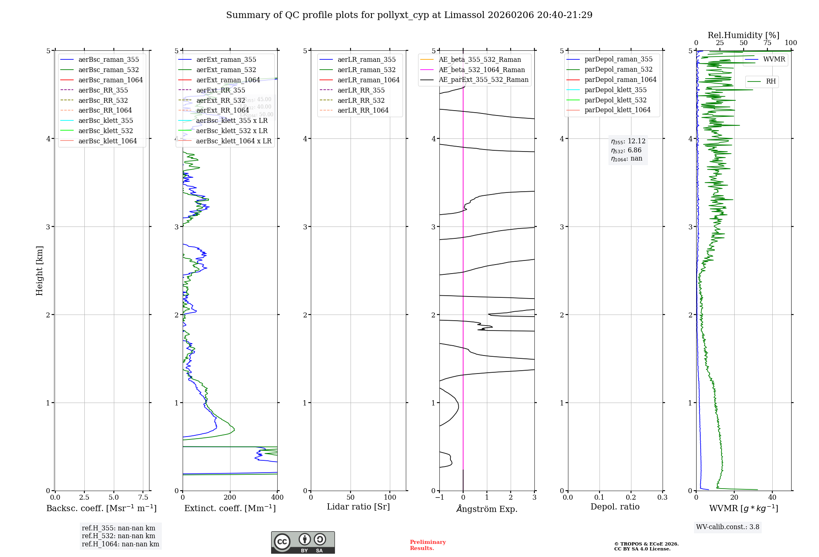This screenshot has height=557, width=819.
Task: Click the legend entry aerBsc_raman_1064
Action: click(x=111, y=80)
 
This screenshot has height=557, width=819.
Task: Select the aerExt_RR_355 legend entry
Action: click(x=221, y=90)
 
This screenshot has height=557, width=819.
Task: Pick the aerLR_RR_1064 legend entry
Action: click(x=363, y=110)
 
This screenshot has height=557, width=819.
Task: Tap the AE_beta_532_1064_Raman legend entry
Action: click(x=482, y=70)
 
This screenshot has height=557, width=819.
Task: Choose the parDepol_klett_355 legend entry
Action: click(x=615, y=90)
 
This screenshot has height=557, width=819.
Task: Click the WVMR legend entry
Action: click(x=774, y=59)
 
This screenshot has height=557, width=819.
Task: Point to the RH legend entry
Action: click(x=771, y=82)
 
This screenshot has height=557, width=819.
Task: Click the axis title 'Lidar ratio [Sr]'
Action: click(x=358, y=507)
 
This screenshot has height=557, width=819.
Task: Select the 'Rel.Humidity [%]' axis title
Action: click(x=743, y=35)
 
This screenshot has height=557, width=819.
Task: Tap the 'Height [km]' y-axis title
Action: click(x=39, y=271)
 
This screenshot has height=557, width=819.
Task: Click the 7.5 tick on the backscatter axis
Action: click(x=143, y=497)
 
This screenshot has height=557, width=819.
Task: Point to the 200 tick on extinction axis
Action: click(x=230, y=497)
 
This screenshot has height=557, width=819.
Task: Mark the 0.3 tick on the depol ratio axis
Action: click(x=662, y=497)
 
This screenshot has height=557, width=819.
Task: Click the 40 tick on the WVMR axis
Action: click(x=772, y=497)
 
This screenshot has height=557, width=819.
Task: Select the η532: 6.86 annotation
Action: click(x=627, y=150)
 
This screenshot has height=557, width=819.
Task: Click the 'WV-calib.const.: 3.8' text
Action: click(x=728, y=527)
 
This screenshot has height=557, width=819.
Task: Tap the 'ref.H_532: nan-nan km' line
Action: click(x=118, y=536)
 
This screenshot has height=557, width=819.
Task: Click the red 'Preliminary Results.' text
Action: click(x=428, y=545)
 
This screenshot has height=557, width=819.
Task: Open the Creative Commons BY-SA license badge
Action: click(x=303, y=542)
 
